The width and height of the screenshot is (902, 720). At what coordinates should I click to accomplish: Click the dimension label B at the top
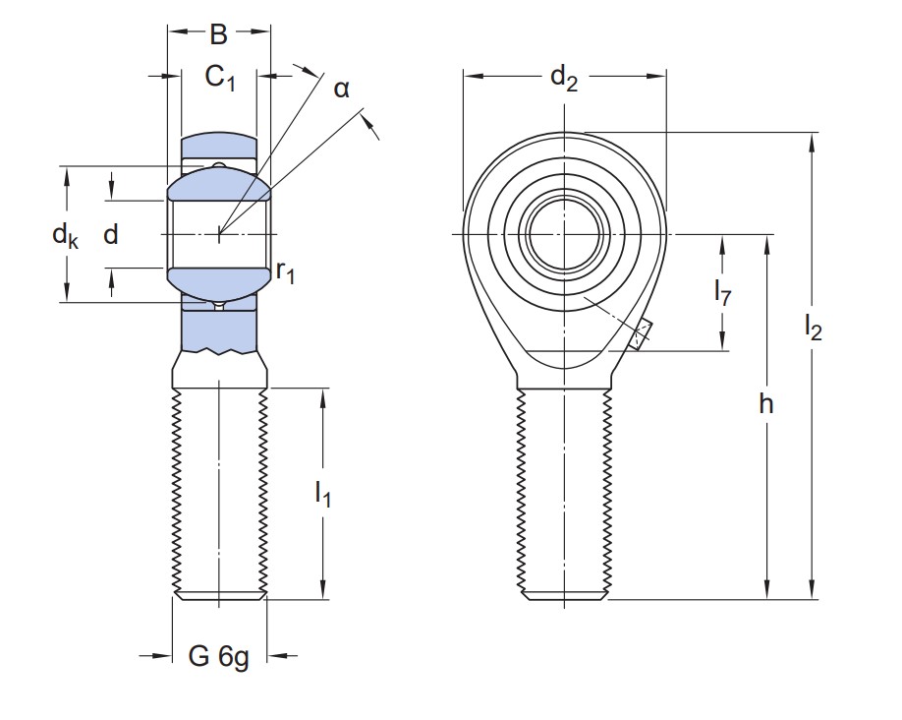pyautogui.click(x=218, y=35)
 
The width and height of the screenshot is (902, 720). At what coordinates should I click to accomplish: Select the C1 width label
pyautogui.click(x=220, y=78)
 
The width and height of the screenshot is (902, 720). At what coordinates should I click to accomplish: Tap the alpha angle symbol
pyautogui.click(x=341, y=90)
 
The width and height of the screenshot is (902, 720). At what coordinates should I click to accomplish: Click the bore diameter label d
pyautogui.click(x=110, y=234)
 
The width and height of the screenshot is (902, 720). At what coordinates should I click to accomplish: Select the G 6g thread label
pyautogui.click(x=218, y=656)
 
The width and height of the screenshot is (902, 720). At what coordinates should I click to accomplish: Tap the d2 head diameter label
pyautogui.click(x=563, y=77)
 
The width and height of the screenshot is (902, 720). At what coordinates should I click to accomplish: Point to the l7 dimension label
pyautogui.click(x=722, y=292)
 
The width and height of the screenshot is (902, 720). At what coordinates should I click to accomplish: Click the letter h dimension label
pyautogui.click(x=766, y=404)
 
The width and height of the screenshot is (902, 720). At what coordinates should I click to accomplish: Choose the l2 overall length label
pyautogui.click(x=813, y=328)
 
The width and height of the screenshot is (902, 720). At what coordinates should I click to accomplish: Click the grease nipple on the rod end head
pyautogui.click(x=641, y=334)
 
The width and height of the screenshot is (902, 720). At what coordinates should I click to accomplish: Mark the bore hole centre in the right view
pyautogui.click(x=564, y=233)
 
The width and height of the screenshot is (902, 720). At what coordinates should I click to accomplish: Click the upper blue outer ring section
pyautogui.click(x=218, y=150)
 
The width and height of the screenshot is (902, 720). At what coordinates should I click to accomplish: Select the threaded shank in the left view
pyautogui.click(x=219, y=492)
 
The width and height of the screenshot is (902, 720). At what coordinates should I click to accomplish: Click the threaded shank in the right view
pyautogui.click(x=564, y=492)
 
